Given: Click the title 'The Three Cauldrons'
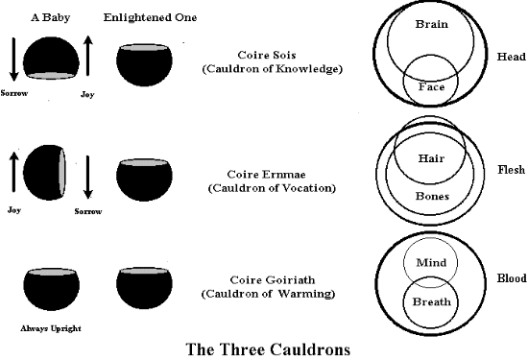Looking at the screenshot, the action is point(268,349).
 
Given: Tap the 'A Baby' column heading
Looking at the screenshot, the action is point(51,17).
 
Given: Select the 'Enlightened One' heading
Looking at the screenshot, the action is point(150,17).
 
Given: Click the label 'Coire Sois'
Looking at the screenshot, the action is point(267,55).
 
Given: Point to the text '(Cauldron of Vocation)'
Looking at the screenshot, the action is point(272,188).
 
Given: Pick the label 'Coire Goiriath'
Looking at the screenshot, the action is point(273,280).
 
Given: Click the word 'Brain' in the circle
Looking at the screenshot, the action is point(431,24).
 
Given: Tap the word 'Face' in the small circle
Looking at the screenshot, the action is point(431,87).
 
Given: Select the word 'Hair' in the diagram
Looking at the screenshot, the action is point(431,158).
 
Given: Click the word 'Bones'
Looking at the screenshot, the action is point(432,196).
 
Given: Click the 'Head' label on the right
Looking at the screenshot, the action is point(511,57).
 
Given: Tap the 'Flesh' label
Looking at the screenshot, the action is point(511,169).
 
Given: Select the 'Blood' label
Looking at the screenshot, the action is point(512,278).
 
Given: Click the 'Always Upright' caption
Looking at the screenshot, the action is point(51,328).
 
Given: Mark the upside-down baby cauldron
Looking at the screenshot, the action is point(51,59).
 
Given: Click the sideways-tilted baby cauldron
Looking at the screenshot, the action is point(44,173).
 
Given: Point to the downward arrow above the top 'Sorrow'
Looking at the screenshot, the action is point(13,60).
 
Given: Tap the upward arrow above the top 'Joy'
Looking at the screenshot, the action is point(88,56).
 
